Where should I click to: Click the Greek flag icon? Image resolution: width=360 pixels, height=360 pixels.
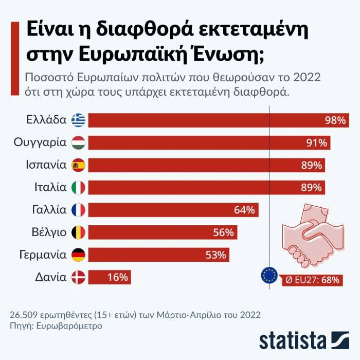[x=79, y=120]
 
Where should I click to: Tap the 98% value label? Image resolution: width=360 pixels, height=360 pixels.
[x=335, y=120]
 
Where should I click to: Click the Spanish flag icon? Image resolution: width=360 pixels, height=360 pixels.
[x=79, y=165]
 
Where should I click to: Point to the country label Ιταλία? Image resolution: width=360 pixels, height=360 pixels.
[x=48, y=187]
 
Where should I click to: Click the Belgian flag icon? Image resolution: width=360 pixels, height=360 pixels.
[x=79, y=232]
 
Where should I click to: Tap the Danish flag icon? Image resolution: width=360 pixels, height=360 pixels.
[x=79, y=277]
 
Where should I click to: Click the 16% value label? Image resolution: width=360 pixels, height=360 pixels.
[x=118, y=277]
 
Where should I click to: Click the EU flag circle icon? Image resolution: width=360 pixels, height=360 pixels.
[x=269, y=276]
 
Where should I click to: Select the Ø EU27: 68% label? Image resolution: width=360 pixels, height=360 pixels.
[x=313, y=280]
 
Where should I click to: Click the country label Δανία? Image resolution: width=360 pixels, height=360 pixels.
[x=51, y=277]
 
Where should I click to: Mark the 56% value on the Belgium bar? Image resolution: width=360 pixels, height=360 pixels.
[x=223, y=232]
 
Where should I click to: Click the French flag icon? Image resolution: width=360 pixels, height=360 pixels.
[x=79, y=210]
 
